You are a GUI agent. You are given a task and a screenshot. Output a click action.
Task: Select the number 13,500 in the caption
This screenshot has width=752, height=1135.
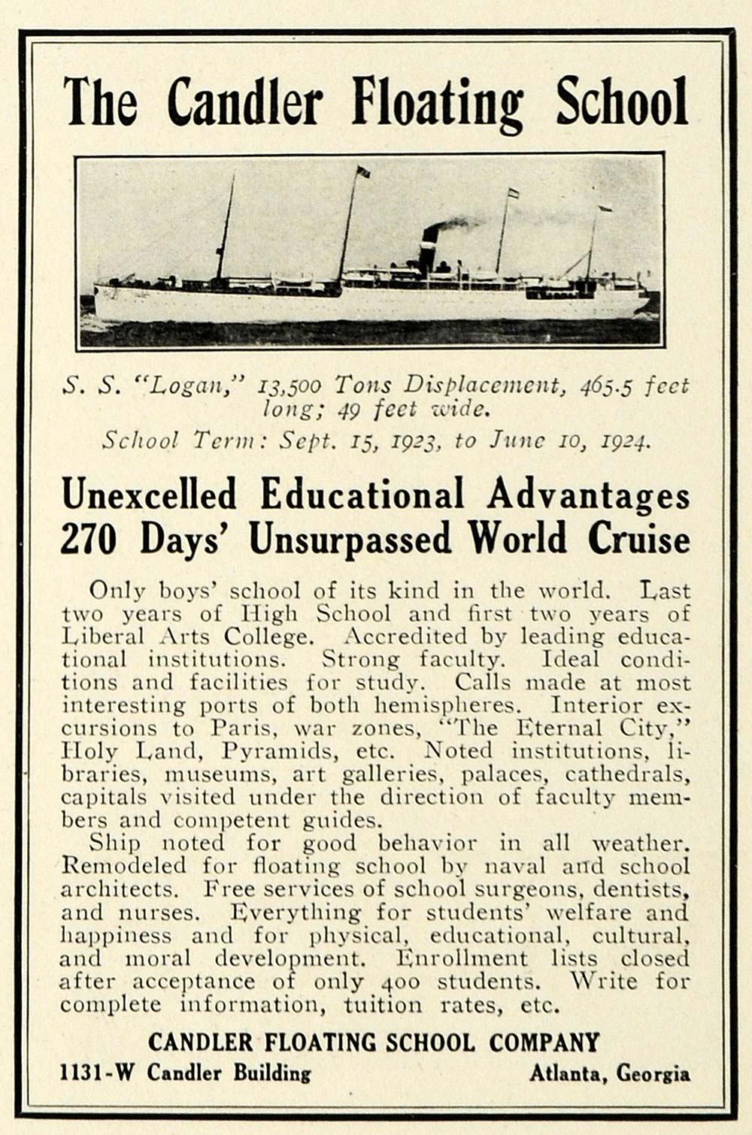[x=289, y=386]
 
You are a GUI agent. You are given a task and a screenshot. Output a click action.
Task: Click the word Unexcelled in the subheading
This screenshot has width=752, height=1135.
[x=149, y=495]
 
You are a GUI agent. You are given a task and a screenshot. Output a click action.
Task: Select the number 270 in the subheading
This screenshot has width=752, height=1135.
[x=88, y=540]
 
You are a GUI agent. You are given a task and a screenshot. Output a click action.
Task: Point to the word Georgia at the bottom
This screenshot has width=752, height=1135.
[x=653, y=1073]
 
